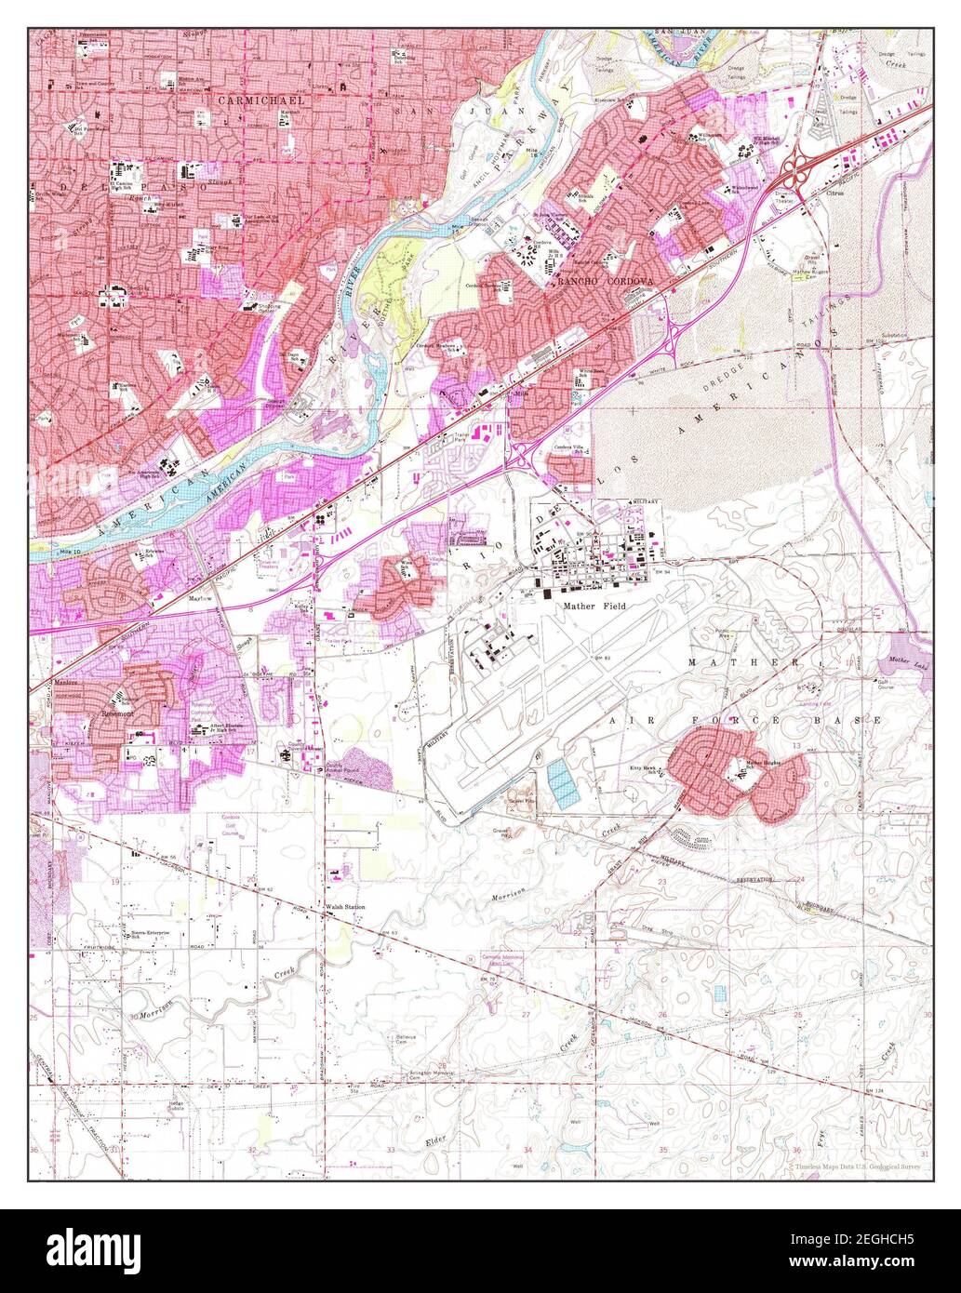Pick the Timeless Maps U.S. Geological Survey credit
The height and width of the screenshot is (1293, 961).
(856, 1166)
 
